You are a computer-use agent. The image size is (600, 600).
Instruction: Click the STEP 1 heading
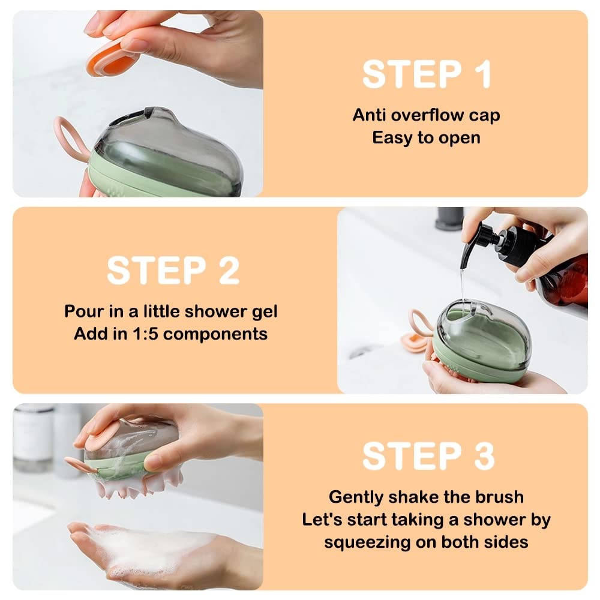427,74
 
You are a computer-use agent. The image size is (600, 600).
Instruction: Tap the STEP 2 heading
173,271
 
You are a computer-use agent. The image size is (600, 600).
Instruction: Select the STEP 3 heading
428,456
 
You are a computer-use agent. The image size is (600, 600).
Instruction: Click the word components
215,334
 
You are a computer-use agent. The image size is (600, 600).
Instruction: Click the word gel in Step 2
265,312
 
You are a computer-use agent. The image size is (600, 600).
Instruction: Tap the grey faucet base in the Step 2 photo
450,218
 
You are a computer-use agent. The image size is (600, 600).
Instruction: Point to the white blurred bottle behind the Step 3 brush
33,436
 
